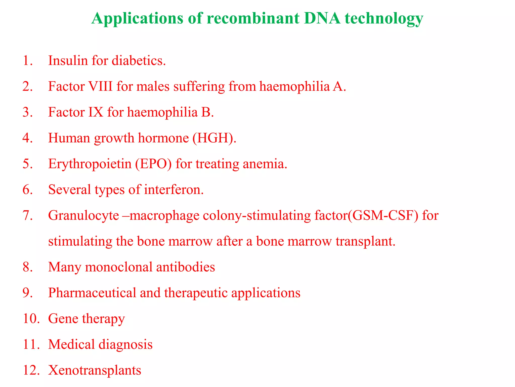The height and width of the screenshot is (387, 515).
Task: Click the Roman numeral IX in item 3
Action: point(96,112)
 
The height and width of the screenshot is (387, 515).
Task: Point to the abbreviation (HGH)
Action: point(214,138)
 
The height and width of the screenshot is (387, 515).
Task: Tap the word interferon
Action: point(174,189)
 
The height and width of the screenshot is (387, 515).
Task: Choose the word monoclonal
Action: point(119,267)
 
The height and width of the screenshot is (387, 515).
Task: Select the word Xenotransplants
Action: point(95,370)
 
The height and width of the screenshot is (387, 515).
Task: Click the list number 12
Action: point(31,370)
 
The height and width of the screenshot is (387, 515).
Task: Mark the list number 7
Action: point(27,215)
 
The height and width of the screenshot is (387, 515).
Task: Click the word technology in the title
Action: point(384,19)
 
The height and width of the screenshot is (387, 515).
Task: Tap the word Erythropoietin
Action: point(90,164)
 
